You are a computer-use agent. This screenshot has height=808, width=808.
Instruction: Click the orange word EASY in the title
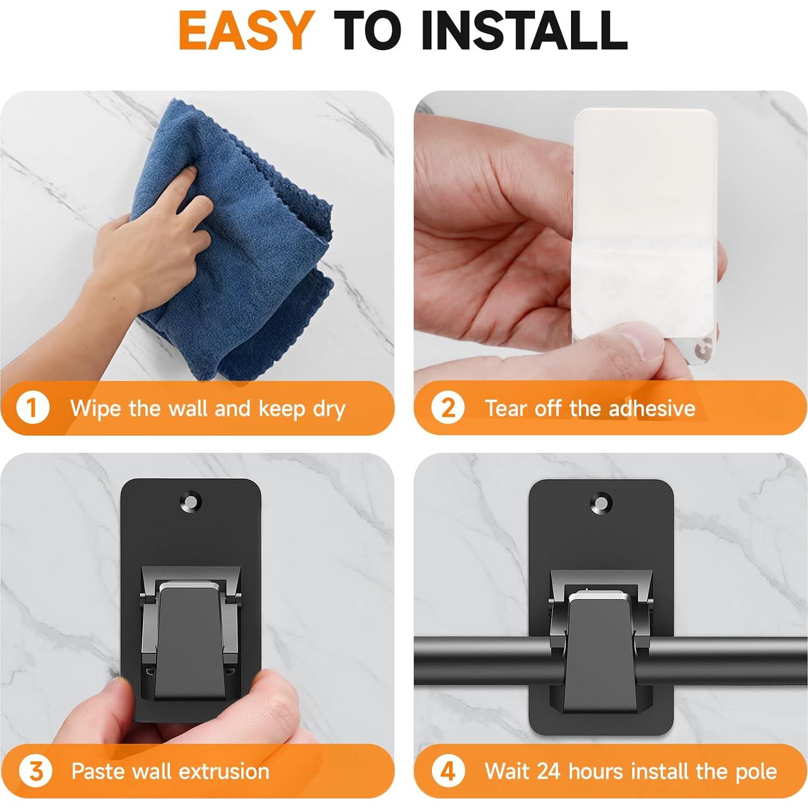tap(246, 30)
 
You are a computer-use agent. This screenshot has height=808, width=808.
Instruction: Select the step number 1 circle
tap(33, 408)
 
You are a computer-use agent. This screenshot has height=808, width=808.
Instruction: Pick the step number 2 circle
tap(447, 408)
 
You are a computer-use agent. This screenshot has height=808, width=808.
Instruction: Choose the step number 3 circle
tap(35, 771)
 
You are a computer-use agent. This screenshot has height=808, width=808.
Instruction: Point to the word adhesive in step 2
tap(651, 408)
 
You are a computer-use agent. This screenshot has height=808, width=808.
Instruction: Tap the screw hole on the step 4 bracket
tap(601, 503)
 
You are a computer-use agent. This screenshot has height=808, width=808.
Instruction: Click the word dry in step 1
tap(329, 409)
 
